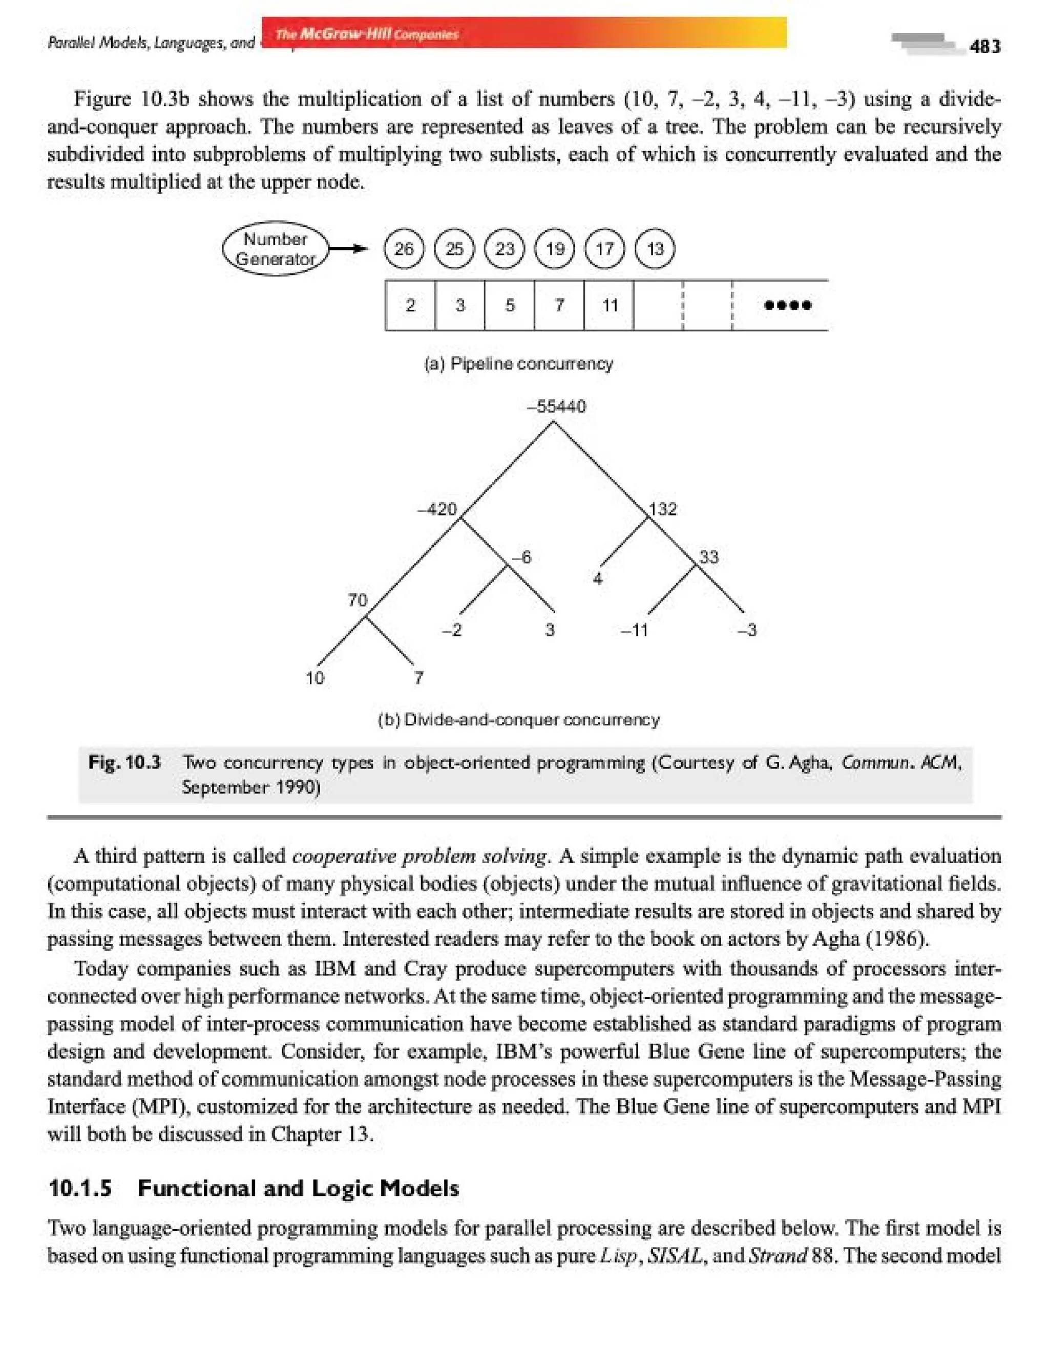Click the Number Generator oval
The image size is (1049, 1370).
pos(276,248)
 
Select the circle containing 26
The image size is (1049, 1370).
pos(404,248)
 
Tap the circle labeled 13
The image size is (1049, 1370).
pos(655,248)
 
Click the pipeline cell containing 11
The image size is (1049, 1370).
pos(609,305)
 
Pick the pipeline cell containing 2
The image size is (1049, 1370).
pos(410,305)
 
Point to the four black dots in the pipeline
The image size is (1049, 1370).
pos(787,305)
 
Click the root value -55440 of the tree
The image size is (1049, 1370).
pos(556,406)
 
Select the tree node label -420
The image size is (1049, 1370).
pos(437,509)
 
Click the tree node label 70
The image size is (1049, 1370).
pos(358,600)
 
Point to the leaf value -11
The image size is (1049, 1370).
pos(635,630)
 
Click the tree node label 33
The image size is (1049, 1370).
pos(709,556)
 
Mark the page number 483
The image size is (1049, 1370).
pos(984,46)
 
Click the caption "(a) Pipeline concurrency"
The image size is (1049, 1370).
pos(518,363)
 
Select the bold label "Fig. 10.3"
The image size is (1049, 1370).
pos(125,762)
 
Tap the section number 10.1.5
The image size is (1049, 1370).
pos(80,1188)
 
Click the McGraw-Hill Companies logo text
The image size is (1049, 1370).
pos(367,34)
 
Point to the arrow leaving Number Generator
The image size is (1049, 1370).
pos(348,249)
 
